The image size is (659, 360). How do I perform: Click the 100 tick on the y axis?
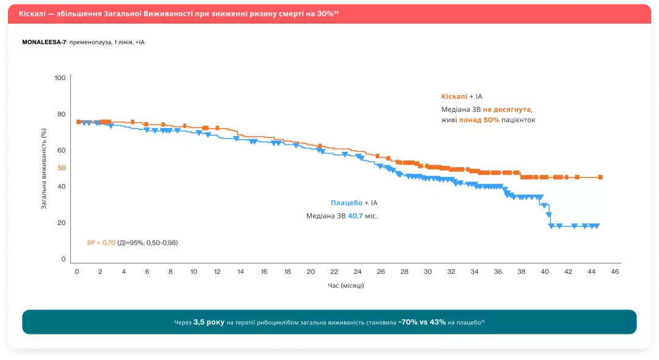[x=60, y=78]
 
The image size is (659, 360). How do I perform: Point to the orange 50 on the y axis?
[x=62, y=168]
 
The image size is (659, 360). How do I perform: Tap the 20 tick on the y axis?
[x=62, y=223]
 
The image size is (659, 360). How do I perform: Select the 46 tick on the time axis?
[x=615, y=272]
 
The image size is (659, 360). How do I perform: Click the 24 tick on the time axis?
[x=358, y=272]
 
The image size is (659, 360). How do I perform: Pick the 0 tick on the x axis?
[x=77, y=272]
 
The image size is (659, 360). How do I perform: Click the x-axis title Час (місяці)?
[x=346, y=285]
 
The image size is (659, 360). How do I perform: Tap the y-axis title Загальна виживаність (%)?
[x=44, y=168]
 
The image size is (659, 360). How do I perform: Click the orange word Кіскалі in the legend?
[x=454, y=96]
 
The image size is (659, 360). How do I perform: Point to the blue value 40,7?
[x=355, y=216]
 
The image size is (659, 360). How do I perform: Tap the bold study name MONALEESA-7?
[x=44, y=42]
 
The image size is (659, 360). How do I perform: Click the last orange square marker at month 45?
[x=600, y=178]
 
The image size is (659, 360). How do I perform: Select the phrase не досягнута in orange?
[x=507, y=109]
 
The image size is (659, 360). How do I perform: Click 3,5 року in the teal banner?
[x=209, y=322]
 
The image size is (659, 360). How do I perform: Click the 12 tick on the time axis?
[x=217, y=272]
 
